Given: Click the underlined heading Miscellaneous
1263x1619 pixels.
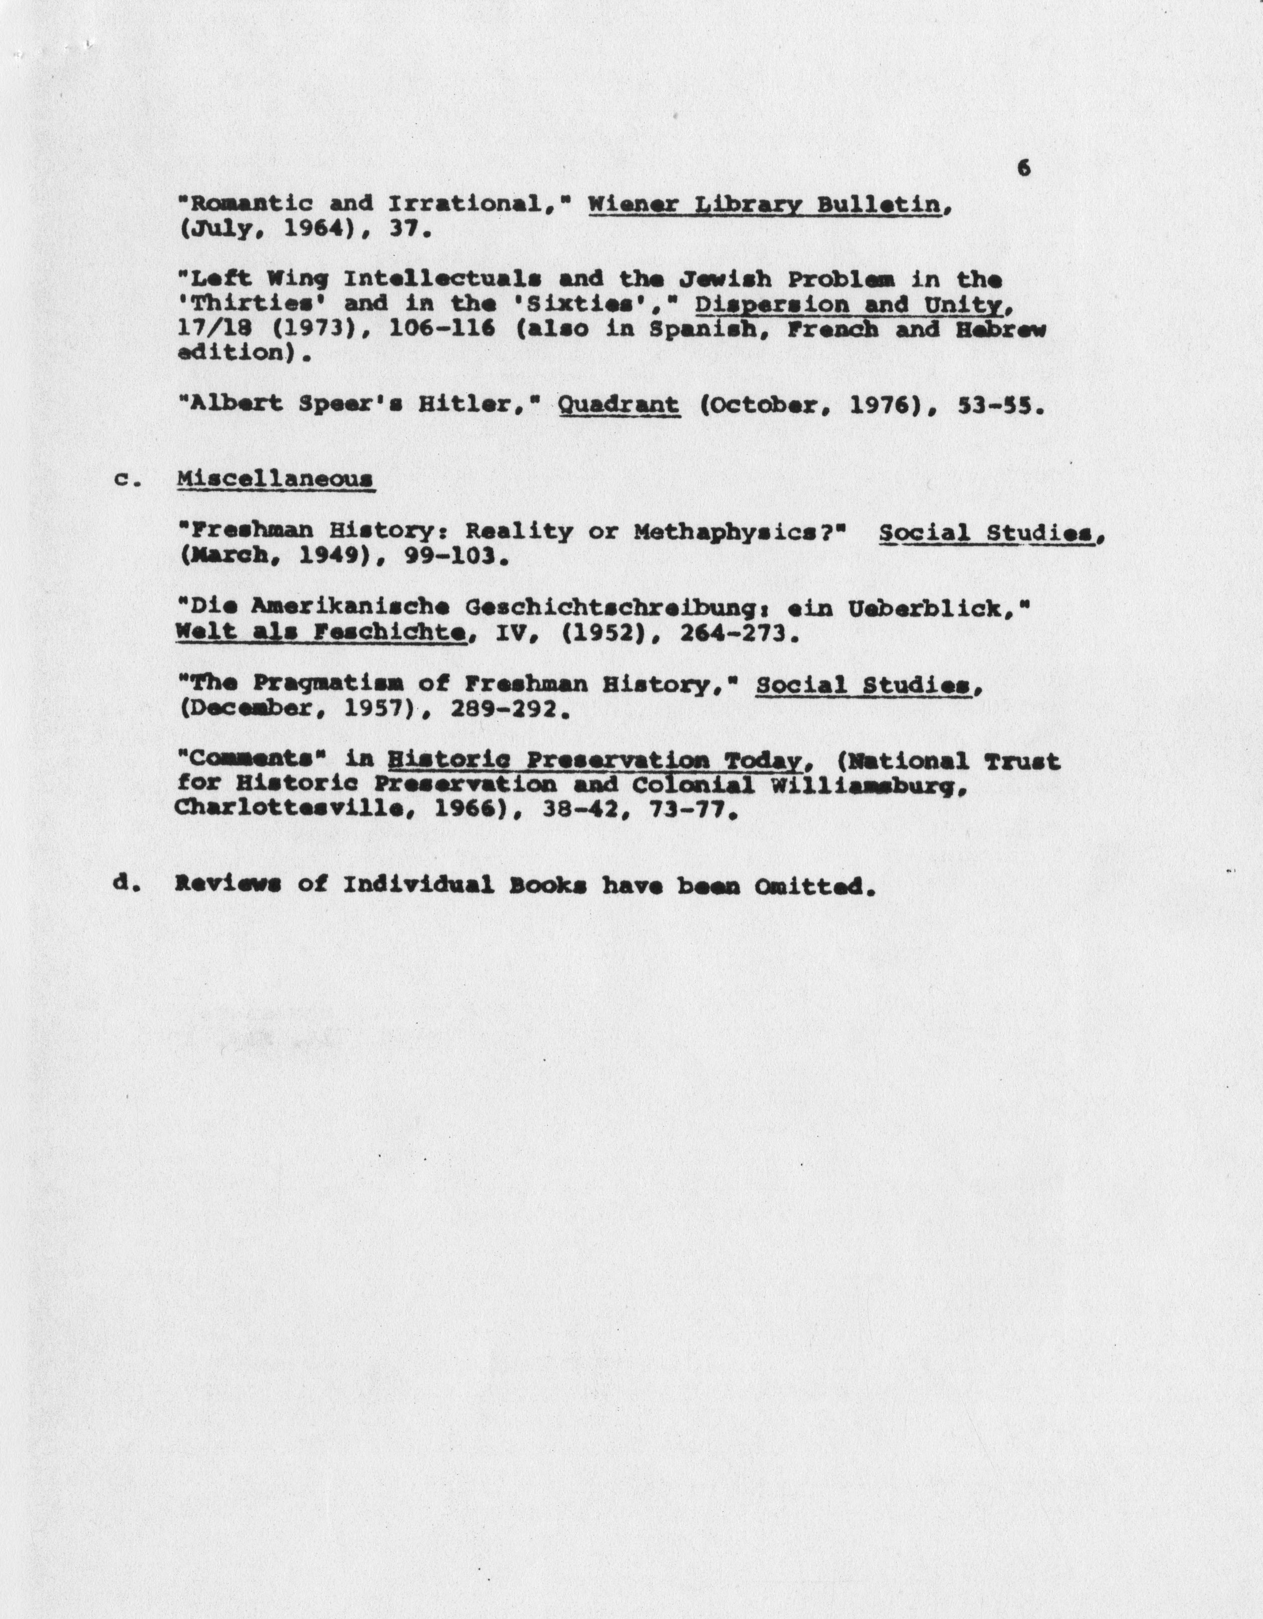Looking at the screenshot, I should (275, 479).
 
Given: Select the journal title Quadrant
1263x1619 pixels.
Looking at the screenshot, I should (618, 405).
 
